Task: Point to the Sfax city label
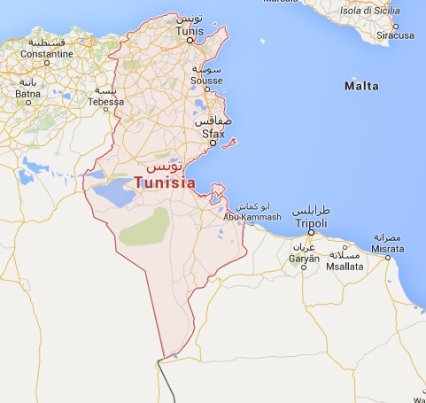pos(212,134)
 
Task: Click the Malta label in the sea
pos(360,86)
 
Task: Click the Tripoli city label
pos(309,223)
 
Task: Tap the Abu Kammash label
pos(252,217)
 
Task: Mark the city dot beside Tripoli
pos(310,233)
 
